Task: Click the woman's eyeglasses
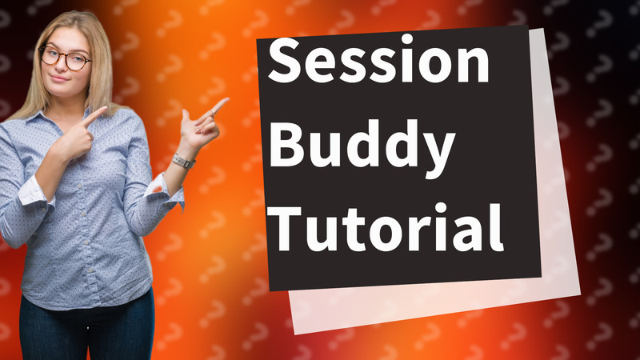65,58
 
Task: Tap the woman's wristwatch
183,161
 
